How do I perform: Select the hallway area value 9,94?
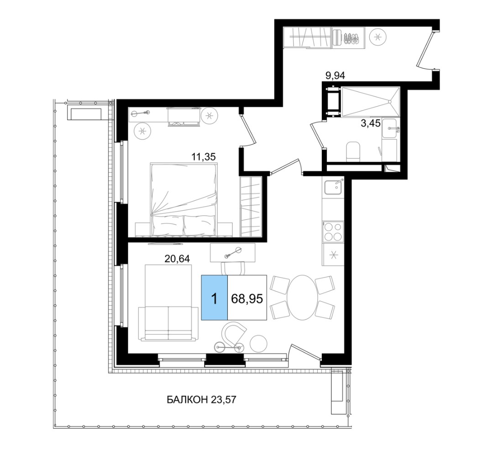click(x=335, y=75)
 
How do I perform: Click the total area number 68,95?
click(x=247, y=299)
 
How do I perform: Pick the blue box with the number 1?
click(x=214, y=298)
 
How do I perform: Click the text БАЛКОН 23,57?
click(x=201, y=400)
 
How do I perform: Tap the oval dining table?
click(x=302, y=298)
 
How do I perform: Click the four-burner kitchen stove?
click(x=333, y=232)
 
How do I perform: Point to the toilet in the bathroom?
click(x=353, y=151)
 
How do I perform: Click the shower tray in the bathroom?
click(x=371, y=102)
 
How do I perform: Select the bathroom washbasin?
click(x=390, y=128)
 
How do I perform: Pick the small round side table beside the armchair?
click(x=259, y=344)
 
